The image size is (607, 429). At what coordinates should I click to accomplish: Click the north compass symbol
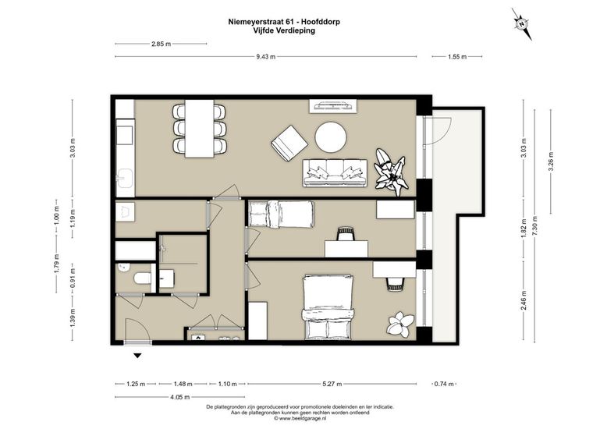click(522, 24)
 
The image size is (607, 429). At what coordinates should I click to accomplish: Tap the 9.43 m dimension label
click(266, 57)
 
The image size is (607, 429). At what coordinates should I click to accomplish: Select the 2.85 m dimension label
click(161, 44)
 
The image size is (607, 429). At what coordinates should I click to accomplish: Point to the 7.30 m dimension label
click(534, 225)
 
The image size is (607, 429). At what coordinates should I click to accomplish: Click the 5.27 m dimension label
click(332, 384)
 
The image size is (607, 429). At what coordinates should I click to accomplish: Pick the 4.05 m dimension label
click(180, 397)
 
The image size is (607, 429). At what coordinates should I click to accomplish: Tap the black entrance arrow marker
click(137, 356)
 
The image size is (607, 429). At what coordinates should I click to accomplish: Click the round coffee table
click(331, 137)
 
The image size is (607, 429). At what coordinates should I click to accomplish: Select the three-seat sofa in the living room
click(335, 172)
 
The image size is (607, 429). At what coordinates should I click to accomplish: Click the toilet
click(142, 278)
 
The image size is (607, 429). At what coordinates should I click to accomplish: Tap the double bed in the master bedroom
click(328, 307)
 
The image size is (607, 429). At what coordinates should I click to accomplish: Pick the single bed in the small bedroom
click(281, 214)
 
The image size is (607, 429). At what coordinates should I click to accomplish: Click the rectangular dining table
click(200, 129)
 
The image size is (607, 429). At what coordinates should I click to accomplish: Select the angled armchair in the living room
click(289, 143)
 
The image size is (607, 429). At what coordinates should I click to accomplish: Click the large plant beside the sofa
click(391, 172)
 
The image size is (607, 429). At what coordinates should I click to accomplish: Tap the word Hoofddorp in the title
click(324, 22)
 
